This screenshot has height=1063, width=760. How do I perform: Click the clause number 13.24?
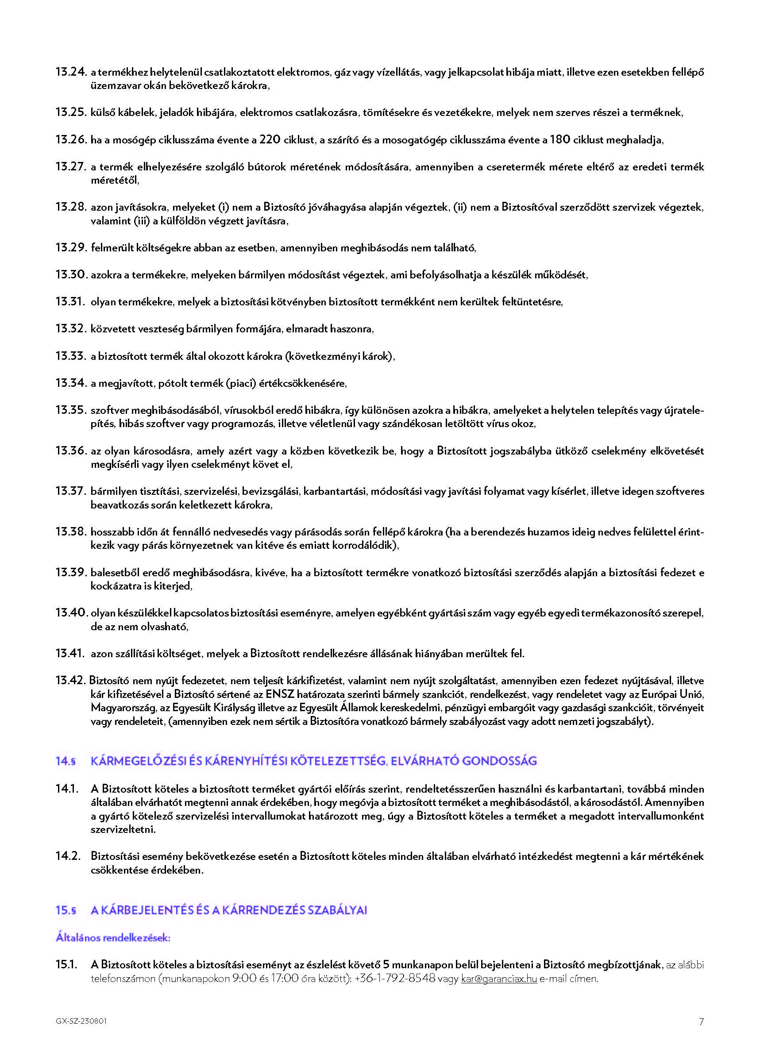[x=71, y=72]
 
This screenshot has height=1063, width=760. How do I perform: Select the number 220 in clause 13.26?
[x=270, y=139]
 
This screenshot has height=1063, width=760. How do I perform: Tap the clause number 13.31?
[x=70, y=302]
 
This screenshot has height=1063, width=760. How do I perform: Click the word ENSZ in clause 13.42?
[x=280, y=694]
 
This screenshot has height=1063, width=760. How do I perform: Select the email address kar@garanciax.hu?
[x=499, y=978]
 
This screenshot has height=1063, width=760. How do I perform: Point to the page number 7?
[x=701, y=1022]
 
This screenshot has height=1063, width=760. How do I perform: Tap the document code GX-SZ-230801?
[x=81, y=1021]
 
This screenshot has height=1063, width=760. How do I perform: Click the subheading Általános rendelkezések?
[x=113, y=937]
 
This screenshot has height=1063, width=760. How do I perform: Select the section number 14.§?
[x=66, y=761]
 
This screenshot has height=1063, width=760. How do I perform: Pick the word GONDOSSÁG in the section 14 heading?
[x=499, y=761]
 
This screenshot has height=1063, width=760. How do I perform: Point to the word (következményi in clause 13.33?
[x=324, y=356]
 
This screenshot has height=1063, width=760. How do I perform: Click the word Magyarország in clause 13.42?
[x=123, y=708]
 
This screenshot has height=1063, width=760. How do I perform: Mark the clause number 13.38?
[x=71, y=531]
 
